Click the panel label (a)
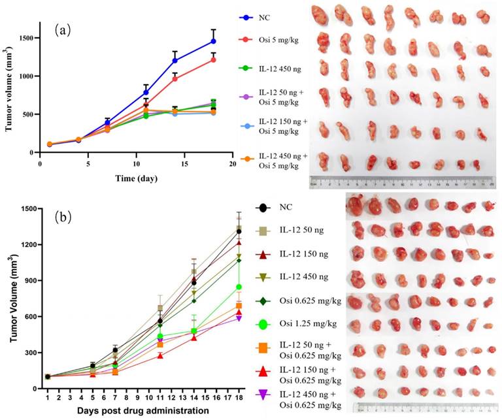[x=63, y=29]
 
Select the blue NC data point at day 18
[x=213, y=41]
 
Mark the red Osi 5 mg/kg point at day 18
[x=213, y=59]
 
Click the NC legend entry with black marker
[x=278, y=208]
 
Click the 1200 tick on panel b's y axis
[x=27, y=244]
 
